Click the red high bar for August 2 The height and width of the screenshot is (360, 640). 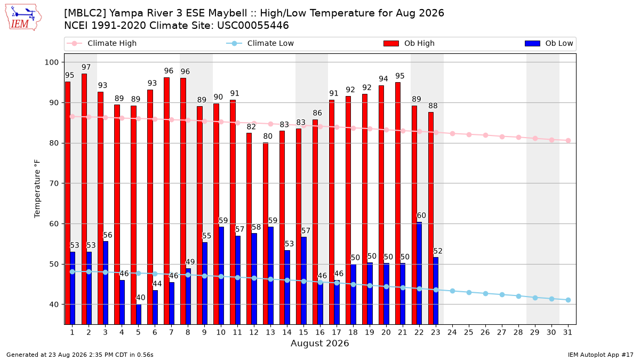84,199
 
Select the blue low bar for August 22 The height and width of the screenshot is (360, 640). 419,273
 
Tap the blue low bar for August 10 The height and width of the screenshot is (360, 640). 221,275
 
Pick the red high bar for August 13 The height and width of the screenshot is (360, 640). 266,234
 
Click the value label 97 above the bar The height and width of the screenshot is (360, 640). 86,67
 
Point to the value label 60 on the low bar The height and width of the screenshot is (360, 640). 421,215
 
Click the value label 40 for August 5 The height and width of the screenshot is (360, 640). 140,298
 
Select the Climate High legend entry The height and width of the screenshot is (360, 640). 101,43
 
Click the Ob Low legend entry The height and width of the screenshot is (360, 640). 549,43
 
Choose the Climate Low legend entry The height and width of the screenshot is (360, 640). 260,43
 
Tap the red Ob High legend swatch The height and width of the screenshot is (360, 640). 391,43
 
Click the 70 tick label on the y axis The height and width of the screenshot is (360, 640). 54,183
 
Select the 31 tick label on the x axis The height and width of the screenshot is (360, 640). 567,332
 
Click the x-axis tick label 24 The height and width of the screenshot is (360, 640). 452,332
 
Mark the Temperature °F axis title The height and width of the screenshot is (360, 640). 37,189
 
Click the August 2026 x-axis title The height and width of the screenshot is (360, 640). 319,343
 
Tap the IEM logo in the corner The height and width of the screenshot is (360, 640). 23,18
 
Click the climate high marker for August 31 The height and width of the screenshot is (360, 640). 568,141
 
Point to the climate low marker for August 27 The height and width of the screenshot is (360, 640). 502,294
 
